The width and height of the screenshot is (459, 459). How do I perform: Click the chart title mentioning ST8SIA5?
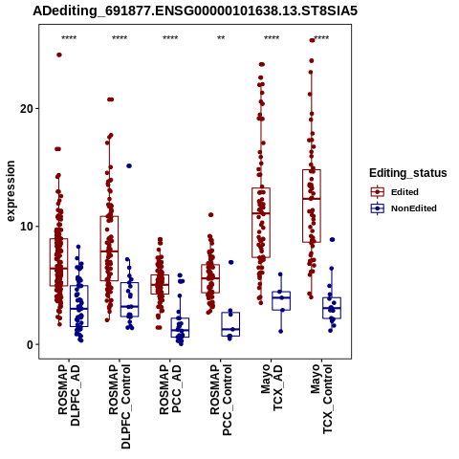195,11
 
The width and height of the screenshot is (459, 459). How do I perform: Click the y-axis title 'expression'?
11,191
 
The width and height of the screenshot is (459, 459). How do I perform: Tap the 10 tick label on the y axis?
27,227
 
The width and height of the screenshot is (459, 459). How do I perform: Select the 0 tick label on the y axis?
30,344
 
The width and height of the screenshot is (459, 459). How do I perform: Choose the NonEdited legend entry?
404,208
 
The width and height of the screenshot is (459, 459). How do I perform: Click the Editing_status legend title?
408,173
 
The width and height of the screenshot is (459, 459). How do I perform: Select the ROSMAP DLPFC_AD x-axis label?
69,395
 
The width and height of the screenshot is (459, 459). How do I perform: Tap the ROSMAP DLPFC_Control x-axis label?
120,406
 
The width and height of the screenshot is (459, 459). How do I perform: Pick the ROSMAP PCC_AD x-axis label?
170,389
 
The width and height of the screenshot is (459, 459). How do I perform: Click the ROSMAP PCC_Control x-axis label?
221,401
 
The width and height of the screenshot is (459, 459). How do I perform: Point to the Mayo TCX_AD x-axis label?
272,387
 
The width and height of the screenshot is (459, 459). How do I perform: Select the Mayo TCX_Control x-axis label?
321,399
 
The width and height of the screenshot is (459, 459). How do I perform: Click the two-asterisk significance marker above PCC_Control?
221,38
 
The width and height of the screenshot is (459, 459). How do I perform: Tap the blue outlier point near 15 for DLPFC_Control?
129,165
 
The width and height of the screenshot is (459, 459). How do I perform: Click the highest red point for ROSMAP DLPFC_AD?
59,55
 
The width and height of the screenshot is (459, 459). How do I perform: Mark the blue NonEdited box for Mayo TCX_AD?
281,300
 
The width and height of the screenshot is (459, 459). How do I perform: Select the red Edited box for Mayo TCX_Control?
312,206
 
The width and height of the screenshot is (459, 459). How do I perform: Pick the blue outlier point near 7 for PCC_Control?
231,262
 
